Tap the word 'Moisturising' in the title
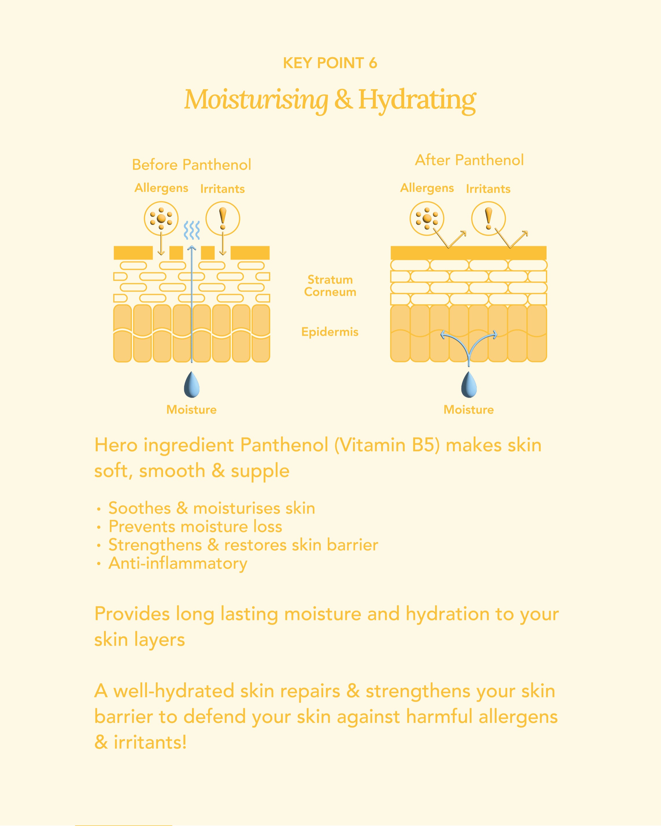(x=256, y=100)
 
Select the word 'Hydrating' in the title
(x=417, y=100)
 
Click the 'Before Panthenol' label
(x=192, y=165)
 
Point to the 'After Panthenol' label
(x=469, y=160)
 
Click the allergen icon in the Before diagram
(x=161, y=218)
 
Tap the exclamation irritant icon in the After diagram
(x=488, y=218)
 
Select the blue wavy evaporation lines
(x=192, y=230)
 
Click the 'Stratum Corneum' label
(x=330, y=286)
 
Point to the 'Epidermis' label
(x=330, y=332)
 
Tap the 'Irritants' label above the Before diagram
(x=222, y=189)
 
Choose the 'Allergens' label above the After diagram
(x=427, y=188)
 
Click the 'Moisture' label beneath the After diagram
(x=469, y=410)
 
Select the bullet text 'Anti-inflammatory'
(x=178, y=563)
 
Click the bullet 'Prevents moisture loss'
(x=195, y=526)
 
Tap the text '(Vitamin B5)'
(x=387, y=445)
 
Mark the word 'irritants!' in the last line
(x=150, y=742)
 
